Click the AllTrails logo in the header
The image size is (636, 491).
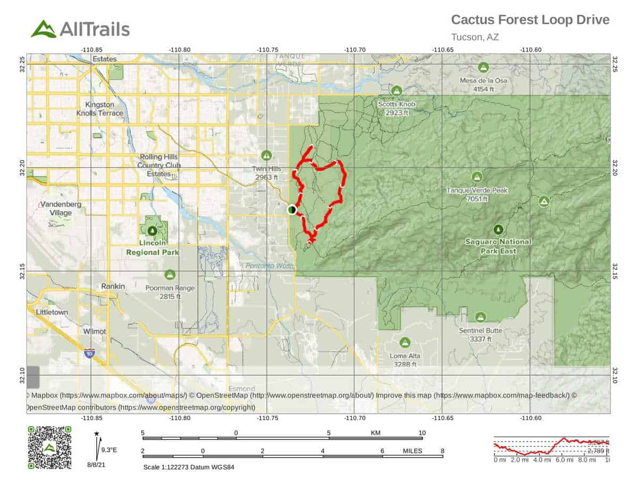coord(80,29)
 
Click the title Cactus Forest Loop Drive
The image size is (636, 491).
coord(530,20)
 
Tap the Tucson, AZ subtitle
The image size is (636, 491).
coord(474,37)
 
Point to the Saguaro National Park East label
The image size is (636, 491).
coord(498,246)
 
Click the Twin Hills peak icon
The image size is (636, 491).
coord(266,155)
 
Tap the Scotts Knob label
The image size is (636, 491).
coord(397,108)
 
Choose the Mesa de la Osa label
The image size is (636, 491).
coord(483,85)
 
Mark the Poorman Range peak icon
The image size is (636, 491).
coord(170,274)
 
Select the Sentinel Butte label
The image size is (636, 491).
coord(480,334)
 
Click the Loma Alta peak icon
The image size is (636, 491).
coord(405,342)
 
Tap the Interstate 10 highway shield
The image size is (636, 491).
coord(90,353)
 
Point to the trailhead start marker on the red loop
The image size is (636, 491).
coord(291,210)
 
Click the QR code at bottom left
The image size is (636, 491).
coord(49,447)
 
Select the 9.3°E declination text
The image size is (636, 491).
coord(109,450)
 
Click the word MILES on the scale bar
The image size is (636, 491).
coord(412,451)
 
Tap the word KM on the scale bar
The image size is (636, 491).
coord(375,433)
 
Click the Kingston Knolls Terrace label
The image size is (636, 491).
coord(104,109)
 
